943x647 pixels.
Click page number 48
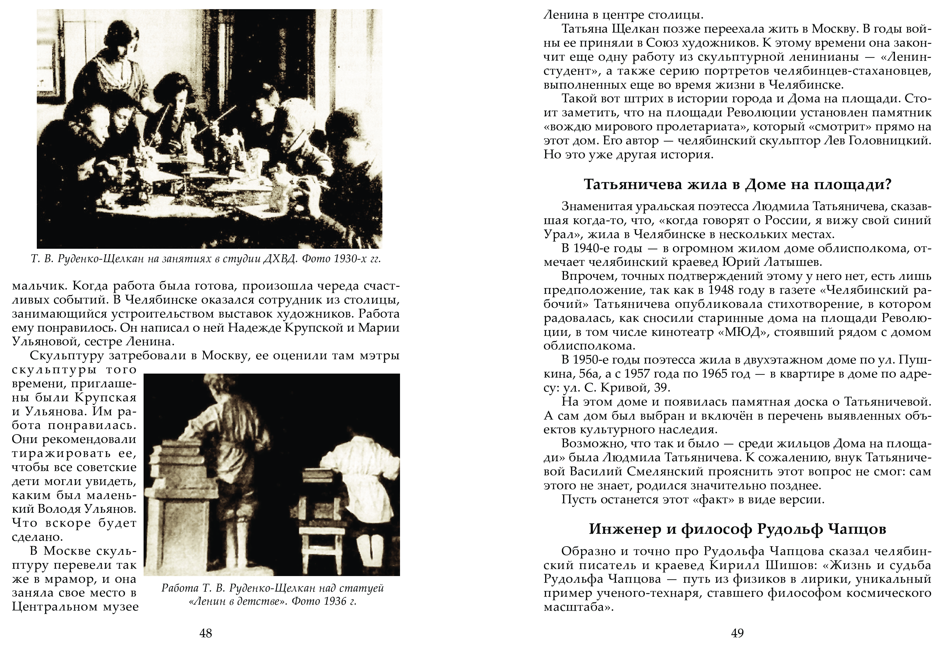[x=206, y=633]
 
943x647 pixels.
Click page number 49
[x=737, y=633]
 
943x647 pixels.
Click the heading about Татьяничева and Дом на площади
[x=737, y=185]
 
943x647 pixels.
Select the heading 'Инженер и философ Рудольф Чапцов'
[x=737, y=529]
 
